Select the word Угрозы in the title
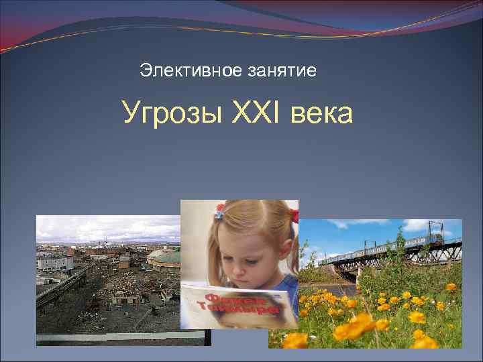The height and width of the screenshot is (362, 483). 172,113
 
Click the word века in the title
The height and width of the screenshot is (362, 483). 322,113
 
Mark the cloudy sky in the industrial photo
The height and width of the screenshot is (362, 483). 101,228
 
